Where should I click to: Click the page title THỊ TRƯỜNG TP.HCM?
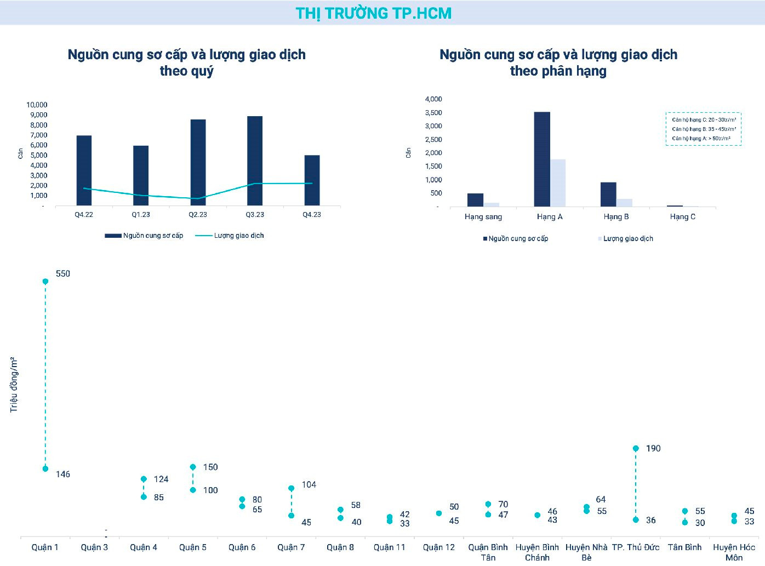tap(374, 13)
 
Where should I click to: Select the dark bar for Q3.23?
tap(255, 161)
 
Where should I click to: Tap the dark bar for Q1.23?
tap(141, 175)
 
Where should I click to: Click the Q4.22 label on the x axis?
tap(84, 215)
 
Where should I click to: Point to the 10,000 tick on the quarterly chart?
tap(37, 105)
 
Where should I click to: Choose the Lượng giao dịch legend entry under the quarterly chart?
tap(230, 236)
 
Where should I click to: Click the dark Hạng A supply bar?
tap(542, 159)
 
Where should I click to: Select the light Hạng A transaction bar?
tap(558, 183)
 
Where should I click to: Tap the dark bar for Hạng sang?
tap(475, 200)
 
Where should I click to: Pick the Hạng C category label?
tap(682, 217)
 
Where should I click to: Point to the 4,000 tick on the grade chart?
tap(433, 99)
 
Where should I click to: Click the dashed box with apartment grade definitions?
tap(704, 129)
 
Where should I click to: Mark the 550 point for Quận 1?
tap(45, 281)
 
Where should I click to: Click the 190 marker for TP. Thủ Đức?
tap(636, 448)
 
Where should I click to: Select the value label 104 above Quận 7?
tap(309, 485)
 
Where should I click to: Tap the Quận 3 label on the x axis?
tap(94, 547)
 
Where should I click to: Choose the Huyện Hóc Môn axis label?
tap(734, 552)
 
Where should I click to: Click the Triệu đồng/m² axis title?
tap(14, 385)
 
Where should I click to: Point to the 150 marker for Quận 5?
tap(193, 467)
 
